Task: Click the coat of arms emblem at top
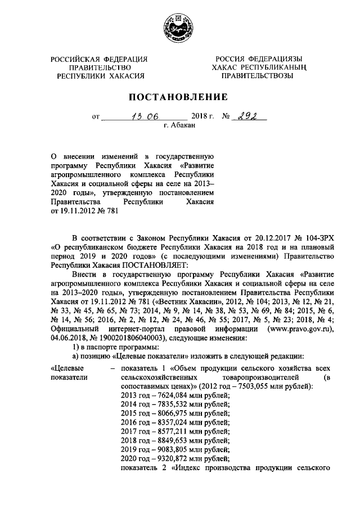click(179, 28)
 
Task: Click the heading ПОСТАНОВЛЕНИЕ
click(179, 97)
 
